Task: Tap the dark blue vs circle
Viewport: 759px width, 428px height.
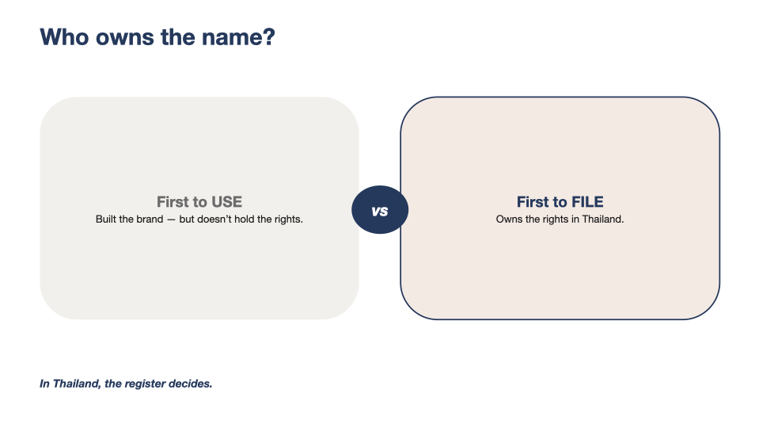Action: tap(380, 210)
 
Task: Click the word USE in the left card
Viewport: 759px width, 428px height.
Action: tap(226, 201)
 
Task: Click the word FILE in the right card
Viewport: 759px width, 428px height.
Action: tap(587, 201)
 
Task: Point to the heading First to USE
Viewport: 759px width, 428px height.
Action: tap(199, 201)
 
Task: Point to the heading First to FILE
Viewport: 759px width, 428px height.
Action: tap(560, 201)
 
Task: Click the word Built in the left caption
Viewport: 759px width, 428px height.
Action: tap(106, 219)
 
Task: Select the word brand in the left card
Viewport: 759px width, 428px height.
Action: tap(150, 219)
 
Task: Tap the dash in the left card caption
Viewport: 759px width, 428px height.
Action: tap(172, 220)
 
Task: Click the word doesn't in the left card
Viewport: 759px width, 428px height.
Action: tap(214, 219)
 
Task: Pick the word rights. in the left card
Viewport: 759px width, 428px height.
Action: tap(289, 220)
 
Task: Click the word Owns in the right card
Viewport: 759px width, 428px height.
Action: tap(509, 219)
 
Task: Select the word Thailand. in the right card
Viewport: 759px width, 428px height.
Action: tap(602, 219)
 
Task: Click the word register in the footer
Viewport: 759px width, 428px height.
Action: tap(145, 384)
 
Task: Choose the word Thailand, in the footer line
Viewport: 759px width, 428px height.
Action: tap(77, 384)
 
